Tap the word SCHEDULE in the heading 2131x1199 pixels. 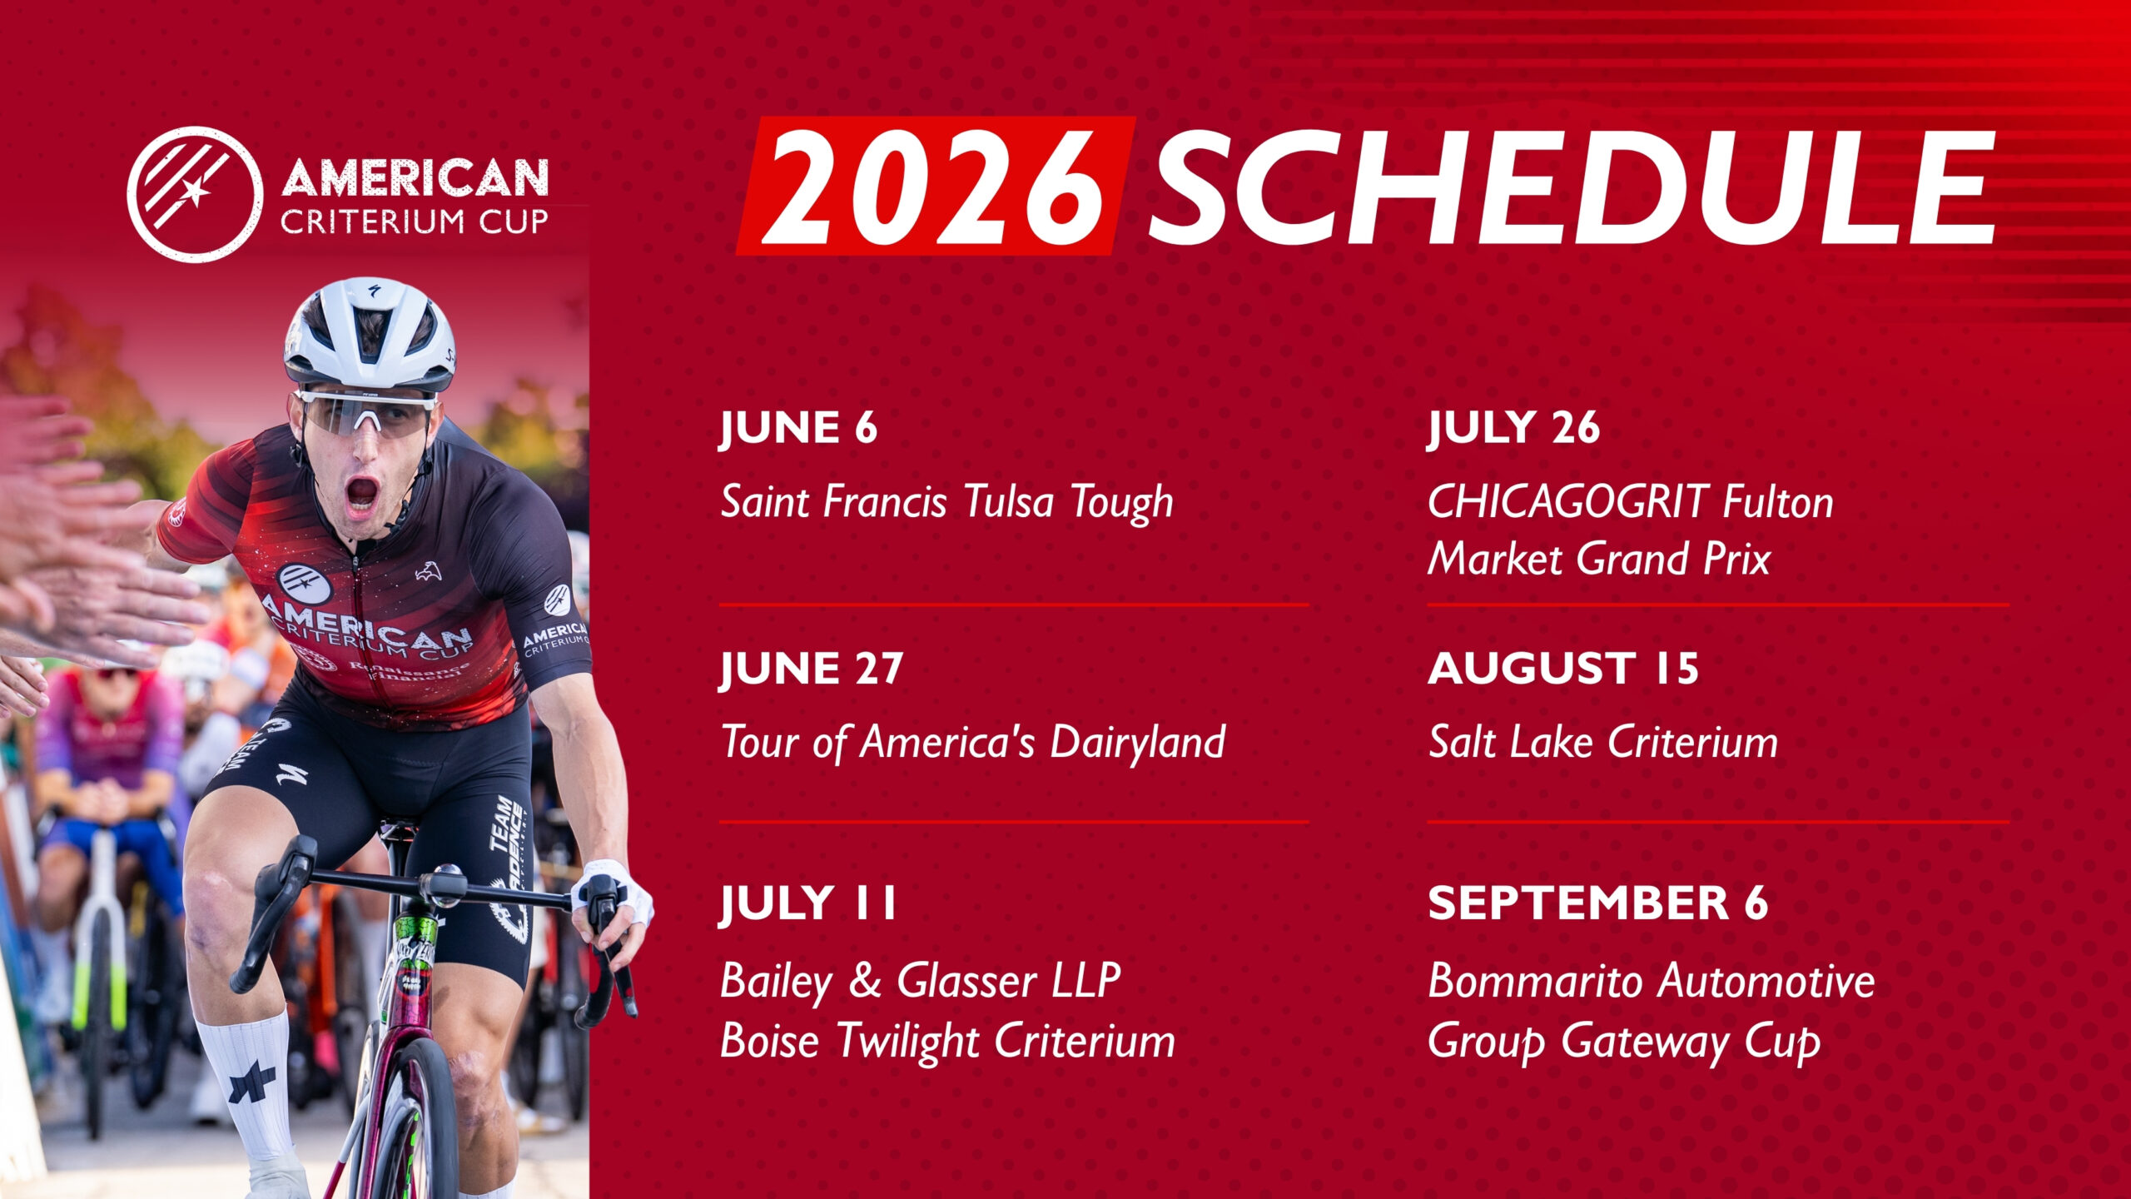(1572, 188)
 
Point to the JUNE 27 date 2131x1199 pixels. (811, 669)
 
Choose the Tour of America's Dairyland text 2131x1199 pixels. (973, 742)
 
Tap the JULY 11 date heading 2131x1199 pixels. (807, 904)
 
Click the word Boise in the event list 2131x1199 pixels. (769, 1041)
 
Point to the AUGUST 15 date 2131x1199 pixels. (1563, 669)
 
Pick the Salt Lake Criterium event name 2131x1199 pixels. (1603, 742)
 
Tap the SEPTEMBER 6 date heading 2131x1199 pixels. (1598, 903)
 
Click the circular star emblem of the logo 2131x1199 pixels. (196, 195)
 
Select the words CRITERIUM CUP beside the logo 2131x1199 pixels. (415, 221)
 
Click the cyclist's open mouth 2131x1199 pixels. (362, 494)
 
